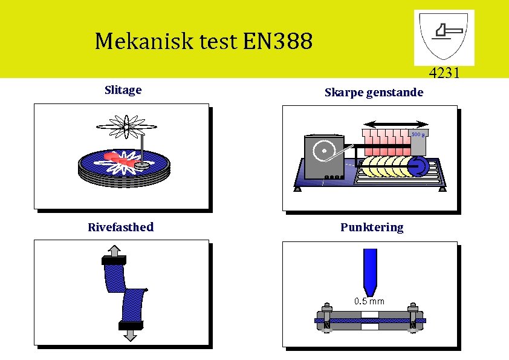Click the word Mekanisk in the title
tap(135, 41)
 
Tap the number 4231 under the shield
tap(444, 74)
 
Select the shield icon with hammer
tap(444, 37)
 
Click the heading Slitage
tap(123, 90)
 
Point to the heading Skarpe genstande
tap(374, 93)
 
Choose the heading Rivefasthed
tap(120, 227)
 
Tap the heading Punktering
tap(371, 227)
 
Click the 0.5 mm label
tap(369, 301)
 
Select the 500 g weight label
tap(418, 134)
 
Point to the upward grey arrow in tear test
tap(114, 250)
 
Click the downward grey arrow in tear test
tap(130, 335)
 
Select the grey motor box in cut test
tap(320, 157)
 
